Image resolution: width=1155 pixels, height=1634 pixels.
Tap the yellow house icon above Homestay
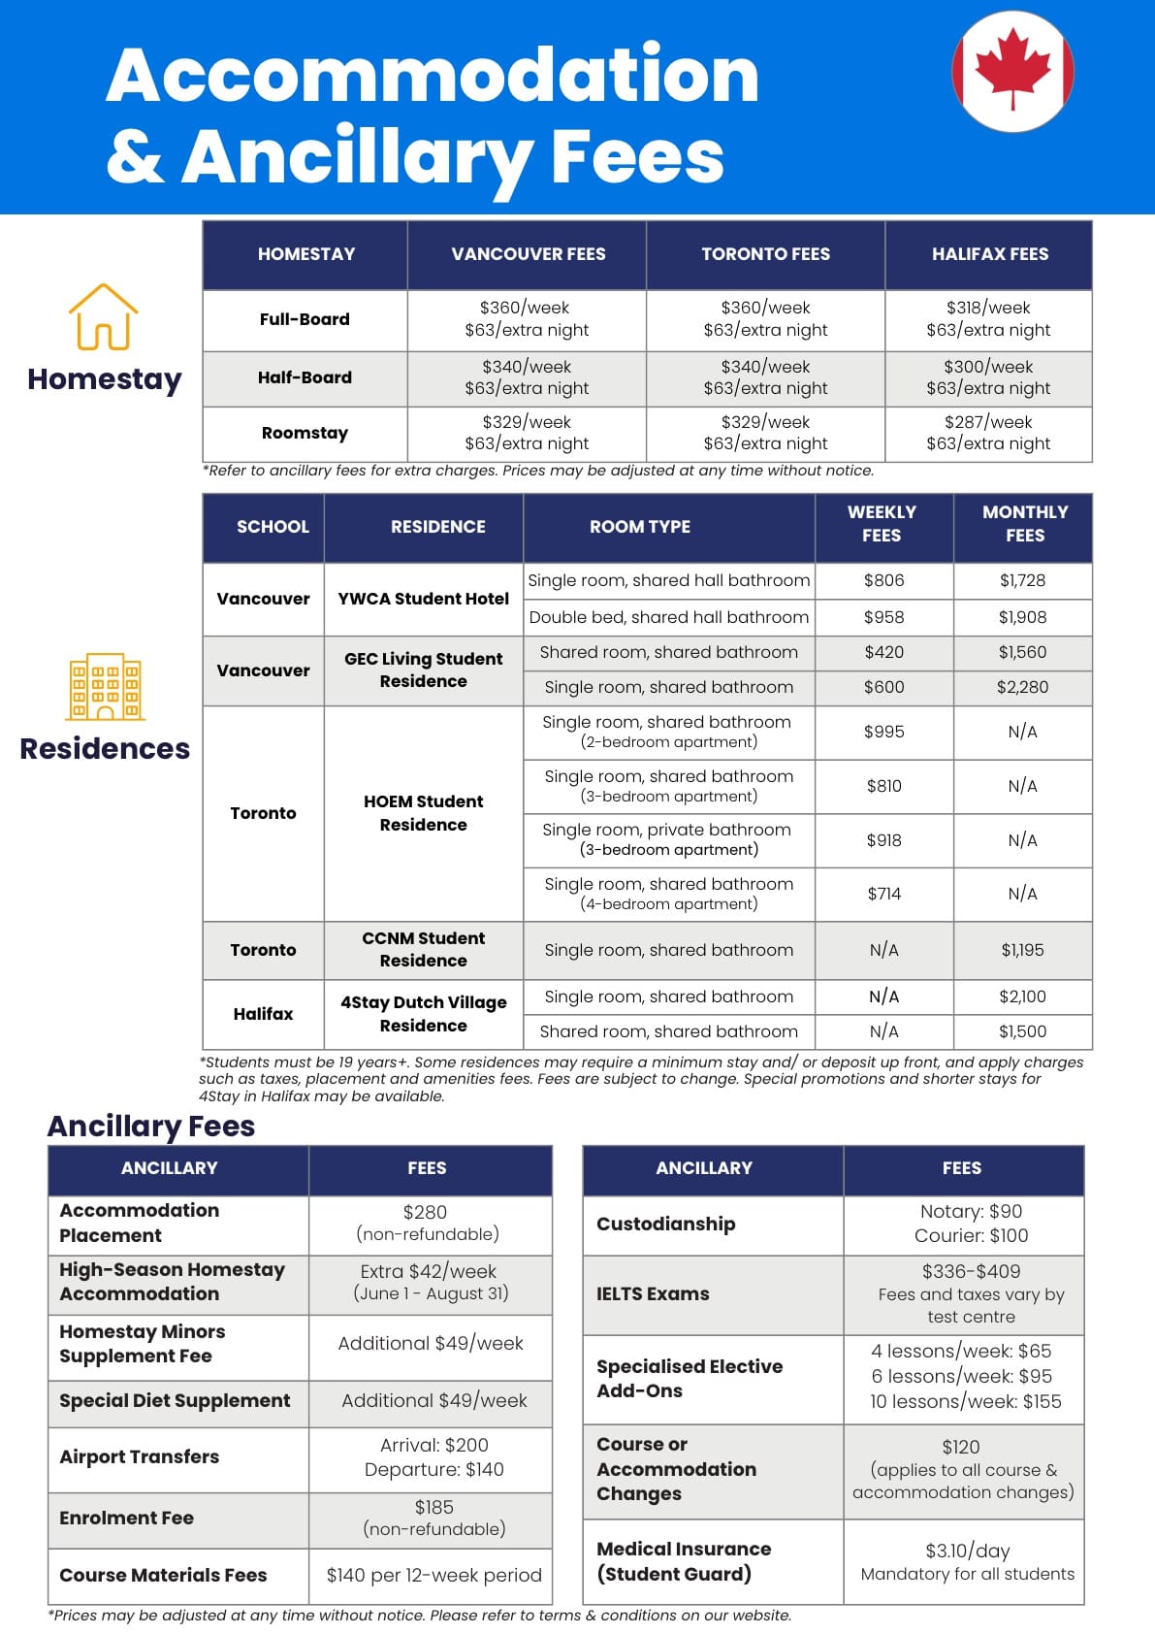103,316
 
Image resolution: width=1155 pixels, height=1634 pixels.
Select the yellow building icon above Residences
105,686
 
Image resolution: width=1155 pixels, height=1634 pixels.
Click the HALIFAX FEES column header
989,254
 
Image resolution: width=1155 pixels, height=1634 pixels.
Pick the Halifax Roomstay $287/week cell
988,433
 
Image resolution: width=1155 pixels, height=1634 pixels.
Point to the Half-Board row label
305,377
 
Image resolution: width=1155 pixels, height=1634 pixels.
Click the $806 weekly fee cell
883,580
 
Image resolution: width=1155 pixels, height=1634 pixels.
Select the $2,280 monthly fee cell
1022,687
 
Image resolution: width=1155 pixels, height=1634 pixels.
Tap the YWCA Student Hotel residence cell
423,599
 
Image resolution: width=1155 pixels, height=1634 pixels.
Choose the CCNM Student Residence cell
423,949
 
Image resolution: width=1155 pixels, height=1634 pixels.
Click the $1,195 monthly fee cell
1022,950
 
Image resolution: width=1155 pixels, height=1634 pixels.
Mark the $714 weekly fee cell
883,894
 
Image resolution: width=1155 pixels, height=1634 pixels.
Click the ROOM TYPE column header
640,527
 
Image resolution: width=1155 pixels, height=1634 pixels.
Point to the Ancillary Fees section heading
151,1126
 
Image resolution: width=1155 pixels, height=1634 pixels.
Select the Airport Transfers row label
140,1456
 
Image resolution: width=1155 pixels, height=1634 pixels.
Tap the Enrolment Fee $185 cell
433,1518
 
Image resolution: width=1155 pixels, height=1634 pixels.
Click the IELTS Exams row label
653,1293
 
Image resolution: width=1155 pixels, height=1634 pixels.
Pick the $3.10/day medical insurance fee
967,1551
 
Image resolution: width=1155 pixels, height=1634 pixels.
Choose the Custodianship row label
665,1224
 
